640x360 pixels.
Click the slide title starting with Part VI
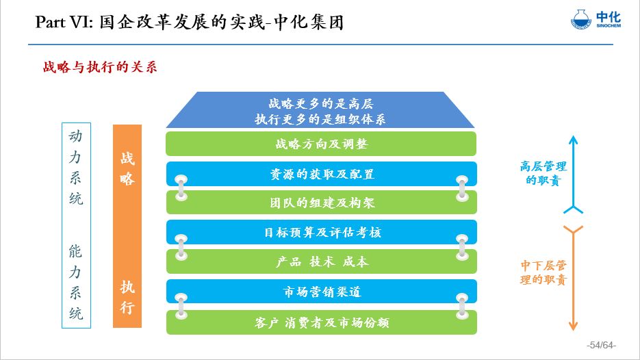click(189, 23)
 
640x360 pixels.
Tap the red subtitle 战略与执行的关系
click(101, 68)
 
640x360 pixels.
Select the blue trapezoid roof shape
click(320, 111)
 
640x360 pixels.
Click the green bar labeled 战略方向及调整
click(320, 144)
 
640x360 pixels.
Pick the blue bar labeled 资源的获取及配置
click(320, 174)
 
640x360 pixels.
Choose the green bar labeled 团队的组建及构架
click(320, 203)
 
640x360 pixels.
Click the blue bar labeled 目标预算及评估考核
click(320, 232)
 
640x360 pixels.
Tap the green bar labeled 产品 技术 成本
click(320, 261)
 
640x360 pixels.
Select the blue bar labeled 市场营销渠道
click(320, 292)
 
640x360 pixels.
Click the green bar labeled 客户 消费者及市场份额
click(320, 322)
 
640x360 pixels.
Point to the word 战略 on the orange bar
click(127, 168)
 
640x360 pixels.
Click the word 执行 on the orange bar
click(127, 296)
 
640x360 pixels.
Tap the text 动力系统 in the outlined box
click(76, 168)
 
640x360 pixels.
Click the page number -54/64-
click(602, 344)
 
